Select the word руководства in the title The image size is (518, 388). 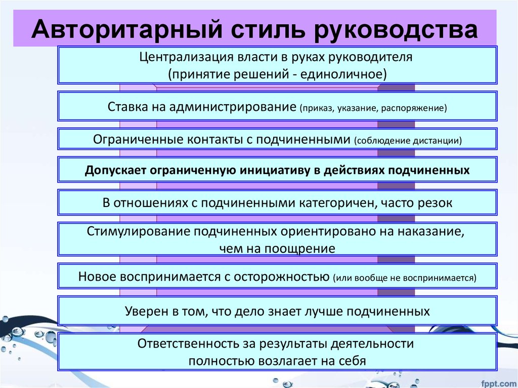[396, 30]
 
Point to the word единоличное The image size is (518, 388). [343, 74]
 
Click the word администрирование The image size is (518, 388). [233, 107]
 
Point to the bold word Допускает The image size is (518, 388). [115, 170]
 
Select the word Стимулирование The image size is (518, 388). [139, 231]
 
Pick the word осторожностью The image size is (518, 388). [281, 277]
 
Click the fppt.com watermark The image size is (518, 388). [499, 383]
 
